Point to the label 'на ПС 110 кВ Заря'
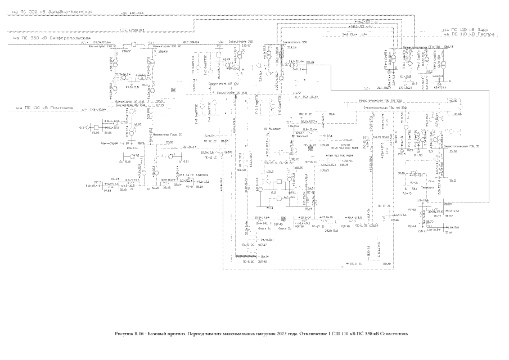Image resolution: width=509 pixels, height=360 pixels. point(466,29)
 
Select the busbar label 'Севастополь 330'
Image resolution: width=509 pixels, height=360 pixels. point(296,42)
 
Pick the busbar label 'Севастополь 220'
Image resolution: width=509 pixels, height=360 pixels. point(242,42)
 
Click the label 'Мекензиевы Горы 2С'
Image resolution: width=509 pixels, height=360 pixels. point(164,135)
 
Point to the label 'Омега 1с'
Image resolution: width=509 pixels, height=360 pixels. point(265,229)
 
